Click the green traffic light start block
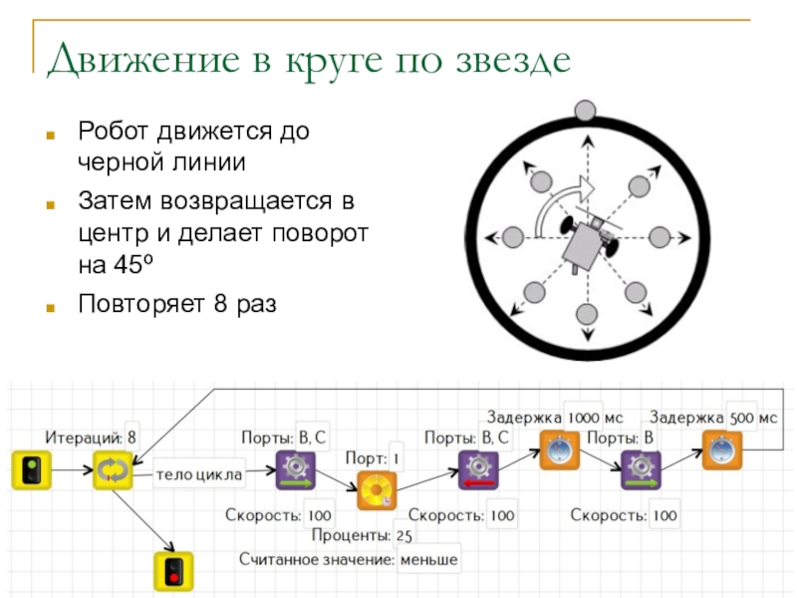click(32, 470)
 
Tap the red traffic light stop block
click(173, 571)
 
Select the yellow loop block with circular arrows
click(113, 470)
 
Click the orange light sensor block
click(377, 490)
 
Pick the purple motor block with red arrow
click(478, 470)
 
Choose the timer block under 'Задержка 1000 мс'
click(559, 450)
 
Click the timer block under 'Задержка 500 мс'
click(721, 450)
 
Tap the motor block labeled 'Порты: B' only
click(641, 470)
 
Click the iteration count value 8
click(132, 438)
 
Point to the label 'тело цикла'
click(199, 474)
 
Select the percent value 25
click(404, 535)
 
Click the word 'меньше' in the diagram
click(429, 560)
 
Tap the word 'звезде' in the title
click(513, 60)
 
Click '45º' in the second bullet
click(133, 264)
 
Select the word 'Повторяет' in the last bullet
click(141, 304)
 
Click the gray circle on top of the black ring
click(585, 111)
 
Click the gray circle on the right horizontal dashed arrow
click(660, 237)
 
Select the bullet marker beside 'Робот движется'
click(51, 135)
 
